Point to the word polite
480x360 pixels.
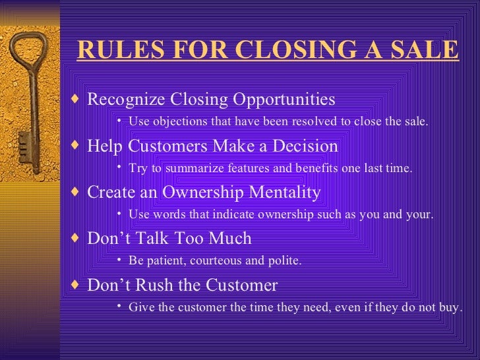tap(285, 261)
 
